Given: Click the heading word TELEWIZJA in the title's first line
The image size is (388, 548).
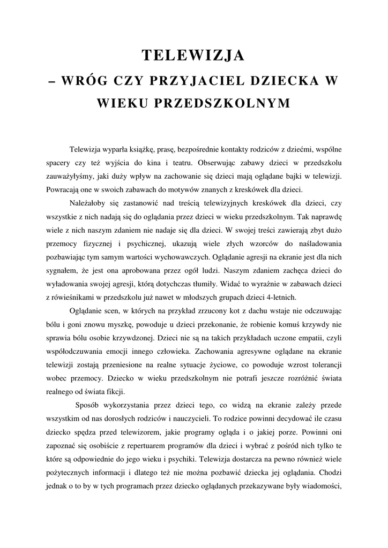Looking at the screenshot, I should [x=193, y=55].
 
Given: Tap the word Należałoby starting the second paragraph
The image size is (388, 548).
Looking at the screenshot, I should [x=89, y=204].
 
